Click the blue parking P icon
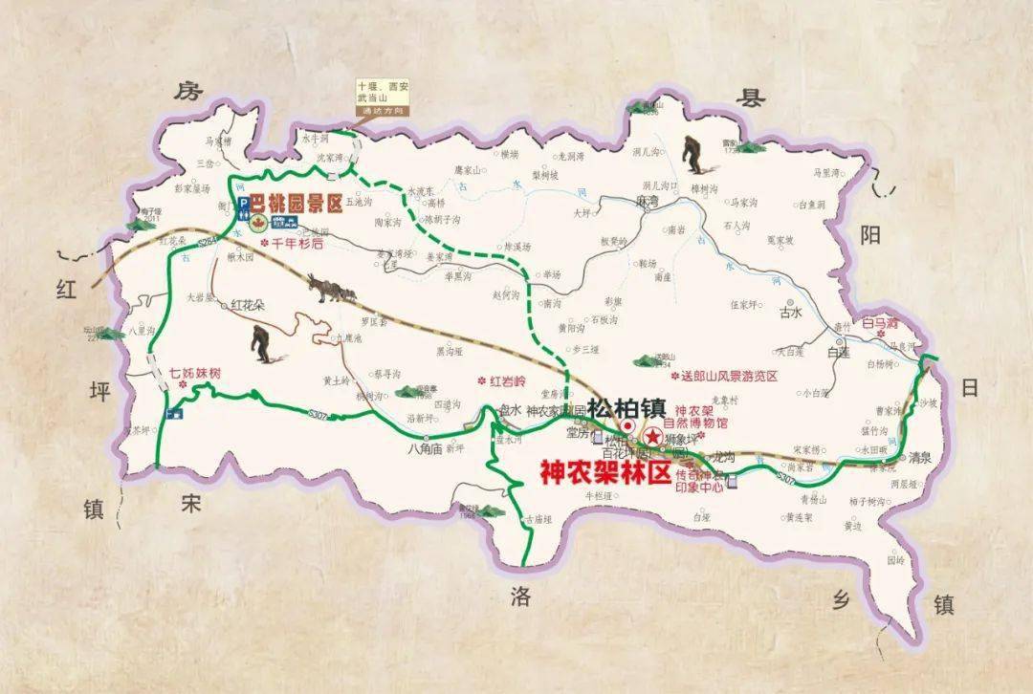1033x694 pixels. (243, 204)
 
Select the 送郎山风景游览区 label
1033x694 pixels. (726, 377)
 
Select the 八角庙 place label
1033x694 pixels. (423, 446)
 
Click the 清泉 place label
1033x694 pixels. (919, 457)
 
